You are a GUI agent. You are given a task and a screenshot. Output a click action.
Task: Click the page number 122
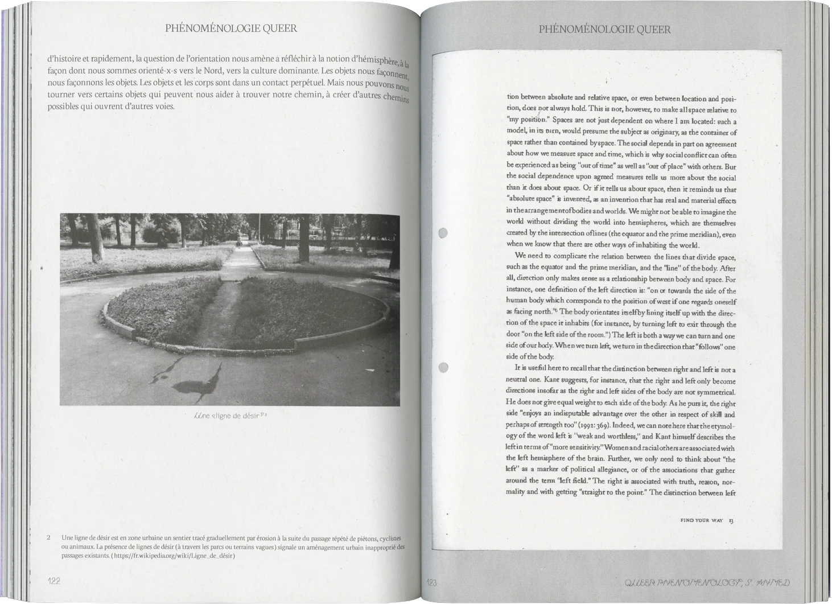pos(53,581)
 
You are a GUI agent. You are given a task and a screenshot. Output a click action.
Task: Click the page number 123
pos(431,581)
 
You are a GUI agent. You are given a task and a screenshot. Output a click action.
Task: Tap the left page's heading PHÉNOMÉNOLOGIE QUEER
pos(230,28)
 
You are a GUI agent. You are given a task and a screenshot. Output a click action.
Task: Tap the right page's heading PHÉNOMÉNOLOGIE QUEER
pos(605,30)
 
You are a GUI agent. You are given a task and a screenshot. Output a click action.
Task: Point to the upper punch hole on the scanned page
pos(443,233)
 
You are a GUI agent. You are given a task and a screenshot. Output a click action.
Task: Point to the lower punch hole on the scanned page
pos(443,367)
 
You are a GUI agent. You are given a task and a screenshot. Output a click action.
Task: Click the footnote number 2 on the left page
pos(49,537)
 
